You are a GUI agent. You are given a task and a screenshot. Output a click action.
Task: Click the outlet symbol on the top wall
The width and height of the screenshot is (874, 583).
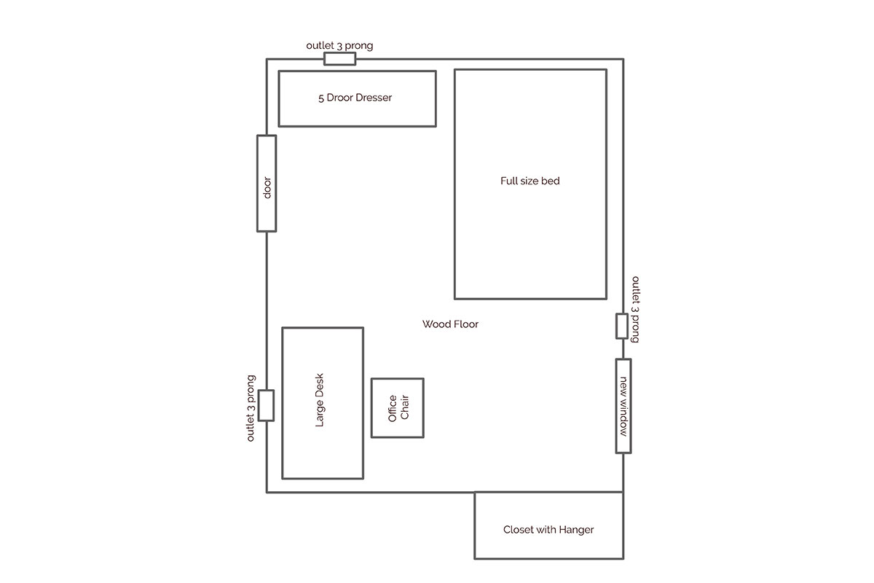pos(339,59)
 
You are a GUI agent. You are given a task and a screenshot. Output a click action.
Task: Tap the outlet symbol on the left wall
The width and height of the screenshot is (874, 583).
pos(266,405)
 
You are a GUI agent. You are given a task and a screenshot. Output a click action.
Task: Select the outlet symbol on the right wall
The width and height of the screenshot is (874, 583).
pos(622,326)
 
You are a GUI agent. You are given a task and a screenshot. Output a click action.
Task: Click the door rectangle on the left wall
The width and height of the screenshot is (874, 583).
pos(267,183)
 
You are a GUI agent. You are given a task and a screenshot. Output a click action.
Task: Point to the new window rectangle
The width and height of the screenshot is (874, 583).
pos(623,406)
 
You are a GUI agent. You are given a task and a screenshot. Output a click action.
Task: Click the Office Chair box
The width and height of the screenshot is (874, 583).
pos(397,407)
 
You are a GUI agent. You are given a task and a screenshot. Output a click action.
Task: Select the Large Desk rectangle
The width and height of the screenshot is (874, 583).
pos(323,403)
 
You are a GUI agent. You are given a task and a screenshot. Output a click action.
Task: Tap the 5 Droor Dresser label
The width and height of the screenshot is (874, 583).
pos(355,98)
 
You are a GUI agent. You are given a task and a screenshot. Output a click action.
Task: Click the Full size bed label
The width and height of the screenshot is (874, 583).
pos(530,181)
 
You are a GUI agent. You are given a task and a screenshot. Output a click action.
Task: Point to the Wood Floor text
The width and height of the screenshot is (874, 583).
pos(450,324)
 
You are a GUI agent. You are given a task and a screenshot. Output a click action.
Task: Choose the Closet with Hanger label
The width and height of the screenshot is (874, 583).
pos(548,530)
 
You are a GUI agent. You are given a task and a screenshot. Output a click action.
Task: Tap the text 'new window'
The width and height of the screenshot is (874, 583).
pos(623,406)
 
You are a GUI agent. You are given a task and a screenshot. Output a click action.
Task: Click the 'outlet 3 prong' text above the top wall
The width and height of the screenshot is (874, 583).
pos(339,45)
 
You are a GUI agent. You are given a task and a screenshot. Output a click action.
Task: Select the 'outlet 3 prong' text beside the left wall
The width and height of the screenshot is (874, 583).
pos(251,408)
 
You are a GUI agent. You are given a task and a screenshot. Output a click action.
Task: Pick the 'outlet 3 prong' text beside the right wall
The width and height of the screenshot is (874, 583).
pos(636,309)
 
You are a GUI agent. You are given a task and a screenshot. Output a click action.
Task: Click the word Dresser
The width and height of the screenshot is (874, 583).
pos(374,98)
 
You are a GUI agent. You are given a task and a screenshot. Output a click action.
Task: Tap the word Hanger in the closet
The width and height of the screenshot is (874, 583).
pos(576,530)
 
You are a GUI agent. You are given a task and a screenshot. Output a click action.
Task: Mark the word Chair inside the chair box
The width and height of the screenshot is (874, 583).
pos(405,407)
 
